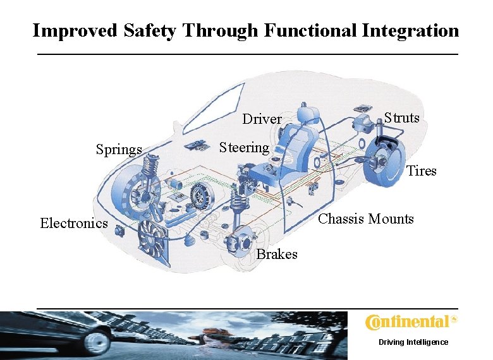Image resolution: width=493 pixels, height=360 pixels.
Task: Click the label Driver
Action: tap(262, 119)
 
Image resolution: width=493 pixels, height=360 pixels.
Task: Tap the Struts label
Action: tap(401, 118)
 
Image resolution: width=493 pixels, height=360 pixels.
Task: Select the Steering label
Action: tap(244, 148)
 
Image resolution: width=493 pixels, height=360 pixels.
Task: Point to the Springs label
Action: tap(119, 150)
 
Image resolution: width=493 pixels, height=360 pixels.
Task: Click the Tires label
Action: tap(421, 171)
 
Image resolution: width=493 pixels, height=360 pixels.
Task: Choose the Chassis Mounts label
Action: tap(366, 219)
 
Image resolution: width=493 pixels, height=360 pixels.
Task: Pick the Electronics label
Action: tap(73, 223)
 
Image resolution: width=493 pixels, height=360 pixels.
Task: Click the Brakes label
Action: tap(277, 255)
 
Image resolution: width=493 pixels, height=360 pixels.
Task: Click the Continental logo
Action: tap(411, 323)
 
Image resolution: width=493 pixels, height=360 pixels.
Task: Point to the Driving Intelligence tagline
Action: tap(413, 342)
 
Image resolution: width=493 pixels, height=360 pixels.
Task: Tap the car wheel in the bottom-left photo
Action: tap(97, 342)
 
